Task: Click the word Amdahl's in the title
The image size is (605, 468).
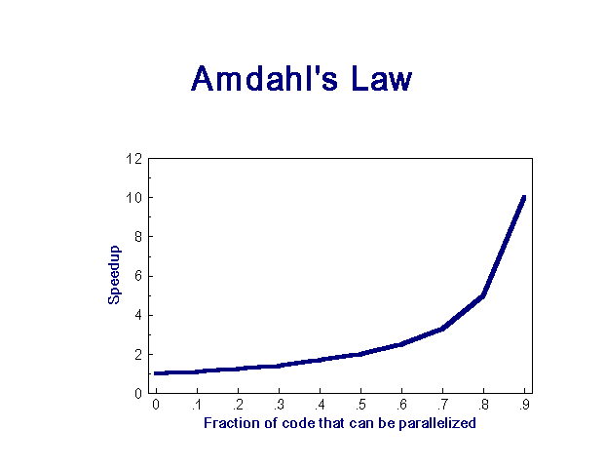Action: tap(264, 78)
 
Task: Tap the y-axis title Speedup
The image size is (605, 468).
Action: tap(114, 275)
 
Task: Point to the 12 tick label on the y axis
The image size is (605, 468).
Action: tap(133, 158)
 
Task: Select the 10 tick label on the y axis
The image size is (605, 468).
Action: tap(133, 198)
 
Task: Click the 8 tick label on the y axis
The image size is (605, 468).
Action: tap(138, 237)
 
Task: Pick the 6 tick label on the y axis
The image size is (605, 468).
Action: tap(138, 276)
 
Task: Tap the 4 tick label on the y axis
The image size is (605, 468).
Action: tap(138, 315)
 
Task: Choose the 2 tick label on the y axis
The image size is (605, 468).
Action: tap(138, 355)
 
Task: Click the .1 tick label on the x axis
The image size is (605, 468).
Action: tap(197, 405)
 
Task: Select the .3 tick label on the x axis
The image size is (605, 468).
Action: tap(279, 405)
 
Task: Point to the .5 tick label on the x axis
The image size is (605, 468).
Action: tap(360, 405)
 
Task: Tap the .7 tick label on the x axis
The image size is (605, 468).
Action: tap(442, 405)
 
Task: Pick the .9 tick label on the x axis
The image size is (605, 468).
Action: tap(524, 405)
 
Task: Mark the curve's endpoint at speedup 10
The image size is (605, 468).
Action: tap(524, 198)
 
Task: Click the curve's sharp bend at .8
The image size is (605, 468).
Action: tap(483, 295)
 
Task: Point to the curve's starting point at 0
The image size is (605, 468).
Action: tap(156, 373)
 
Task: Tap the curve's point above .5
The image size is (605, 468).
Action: tap(360, 354)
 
